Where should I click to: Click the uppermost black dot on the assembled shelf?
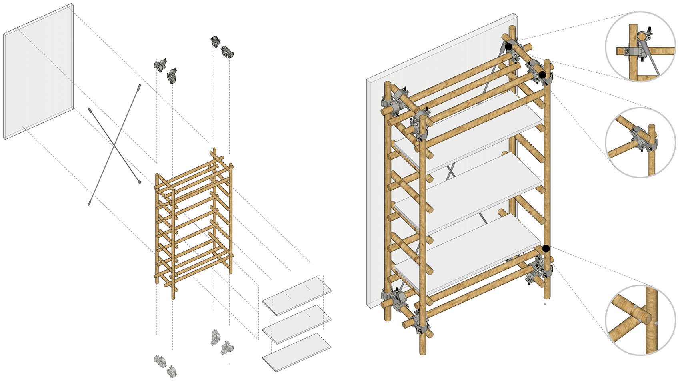508,47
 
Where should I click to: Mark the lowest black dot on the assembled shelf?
546,249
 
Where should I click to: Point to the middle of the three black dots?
542,75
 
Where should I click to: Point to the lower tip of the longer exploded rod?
89,204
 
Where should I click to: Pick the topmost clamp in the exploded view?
216,41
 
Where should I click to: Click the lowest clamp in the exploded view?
172,371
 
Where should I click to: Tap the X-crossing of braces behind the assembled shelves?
451,171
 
